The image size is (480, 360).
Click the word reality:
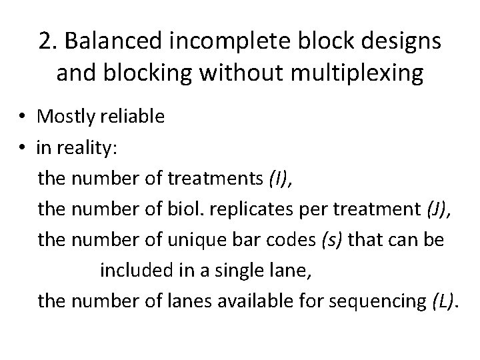tap(90, 149)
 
